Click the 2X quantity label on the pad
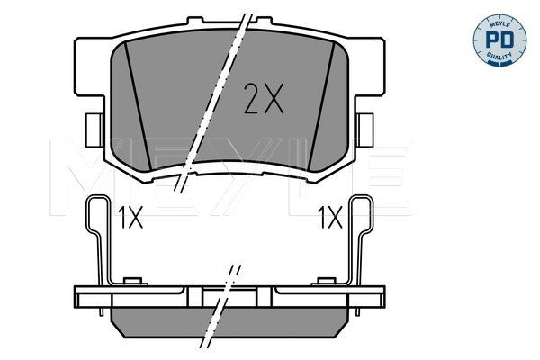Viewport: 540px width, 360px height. (264, 98)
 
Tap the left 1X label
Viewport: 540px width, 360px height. (130, 218)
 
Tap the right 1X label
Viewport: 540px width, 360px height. (330, 218)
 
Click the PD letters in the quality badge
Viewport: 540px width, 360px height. (499, 40)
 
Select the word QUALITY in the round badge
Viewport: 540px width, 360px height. (499, 57)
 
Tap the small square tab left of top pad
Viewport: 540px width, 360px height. (94, 130)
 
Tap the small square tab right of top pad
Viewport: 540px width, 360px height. (365, 130)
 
